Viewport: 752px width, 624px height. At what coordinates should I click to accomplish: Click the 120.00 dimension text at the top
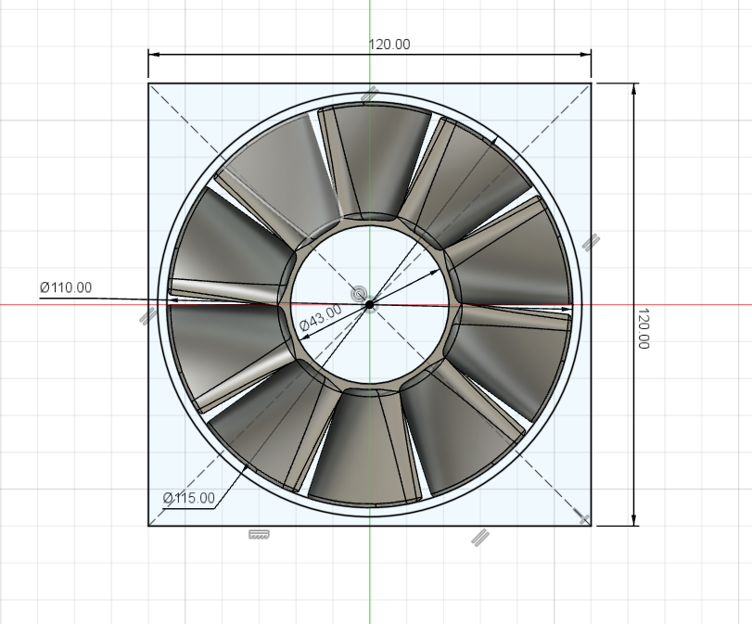click(x=390, y=44)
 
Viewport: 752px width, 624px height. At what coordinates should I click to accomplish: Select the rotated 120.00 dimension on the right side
click(x=644, y=329)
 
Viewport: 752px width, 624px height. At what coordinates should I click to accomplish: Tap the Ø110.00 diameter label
click(x=66, y=287)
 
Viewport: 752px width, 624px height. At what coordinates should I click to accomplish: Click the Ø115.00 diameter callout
click(x=188, y=498)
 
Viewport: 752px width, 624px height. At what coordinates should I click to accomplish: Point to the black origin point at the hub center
click(x=369, y=303)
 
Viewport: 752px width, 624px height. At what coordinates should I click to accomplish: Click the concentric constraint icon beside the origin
click(x=359, y=294)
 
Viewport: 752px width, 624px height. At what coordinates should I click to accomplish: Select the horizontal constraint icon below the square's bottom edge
click(x=259, y=535)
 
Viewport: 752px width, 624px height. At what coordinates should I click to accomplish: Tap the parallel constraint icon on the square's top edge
click(x=369, y=94)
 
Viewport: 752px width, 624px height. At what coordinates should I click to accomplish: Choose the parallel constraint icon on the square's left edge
click(x=147, y=316)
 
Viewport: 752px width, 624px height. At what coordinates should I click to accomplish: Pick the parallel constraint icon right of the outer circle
click(x=591, y=243)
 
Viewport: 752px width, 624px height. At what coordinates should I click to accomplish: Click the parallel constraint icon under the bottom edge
click(x=479, y=535)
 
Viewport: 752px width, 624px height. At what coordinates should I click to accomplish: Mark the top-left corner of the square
click(x=148, y=83)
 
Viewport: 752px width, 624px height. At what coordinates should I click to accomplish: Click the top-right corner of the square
click(x=592, y=83)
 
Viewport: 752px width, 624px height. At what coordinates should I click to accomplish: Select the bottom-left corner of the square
click(x=148, y=526)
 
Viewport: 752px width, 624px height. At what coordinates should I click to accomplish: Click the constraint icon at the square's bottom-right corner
click(x=583, y=517)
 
